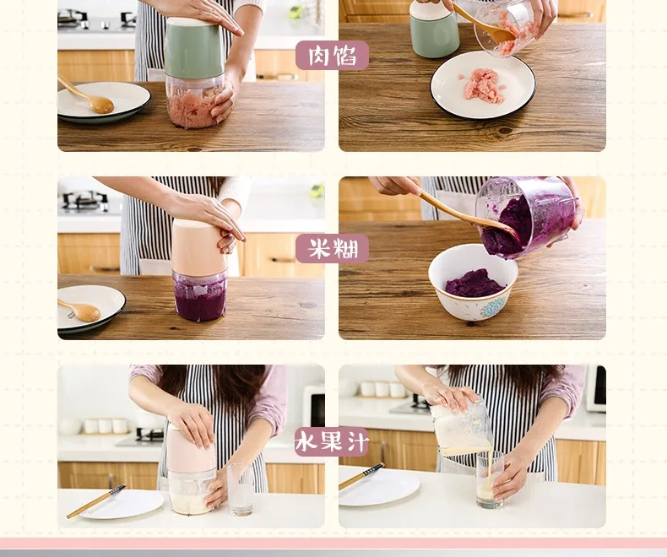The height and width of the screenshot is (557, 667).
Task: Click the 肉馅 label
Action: pyautogui.click(x=332, y=55)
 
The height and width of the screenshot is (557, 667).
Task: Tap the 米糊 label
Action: pyautogui.click(x=332, y=248)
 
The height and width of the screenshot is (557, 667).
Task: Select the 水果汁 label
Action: pyautogui.click(x=331, y=441)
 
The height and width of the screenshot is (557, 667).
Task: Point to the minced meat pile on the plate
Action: pyautogui.click(x=482, y=86)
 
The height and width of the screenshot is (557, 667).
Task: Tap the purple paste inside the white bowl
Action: pyautogui.click(x=474, y=284)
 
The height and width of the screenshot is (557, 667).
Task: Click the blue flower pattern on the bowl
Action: pyautogui.click(x=493, y=307)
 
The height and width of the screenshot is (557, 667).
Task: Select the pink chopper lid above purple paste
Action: pyautogui.click(x=198, y=246)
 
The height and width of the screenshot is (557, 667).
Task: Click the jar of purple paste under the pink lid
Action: pyautogui.click(x=199, y=296)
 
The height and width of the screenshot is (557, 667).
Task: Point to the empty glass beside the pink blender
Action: pyautogui.click(x=241, y=489)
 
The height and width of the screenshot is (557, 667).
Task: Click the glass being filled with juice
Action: pyautogui.click(x=490, y=480)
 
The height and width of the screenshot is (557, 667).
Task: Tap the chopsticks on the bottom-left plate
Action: pyautogui.click(x=95, y=501)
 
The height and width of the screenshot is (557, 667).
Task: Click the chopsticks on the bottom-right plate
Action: pyautogui.click(x=361, y=476)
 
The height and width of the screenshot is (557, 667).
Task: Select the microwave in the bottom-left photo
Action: pyautogui.click(x=314, y=408)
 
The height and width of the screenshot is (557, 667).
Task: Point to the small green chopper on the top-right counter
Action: pyautogui.click(x=434, y=29)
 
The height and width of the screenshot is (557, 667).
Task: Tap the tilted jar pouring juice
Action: pyautogui.click(x=461, y=427)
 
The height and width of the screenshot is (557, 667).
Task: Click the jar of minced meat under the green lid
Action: pyautogui.click(x=194, y=101)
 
